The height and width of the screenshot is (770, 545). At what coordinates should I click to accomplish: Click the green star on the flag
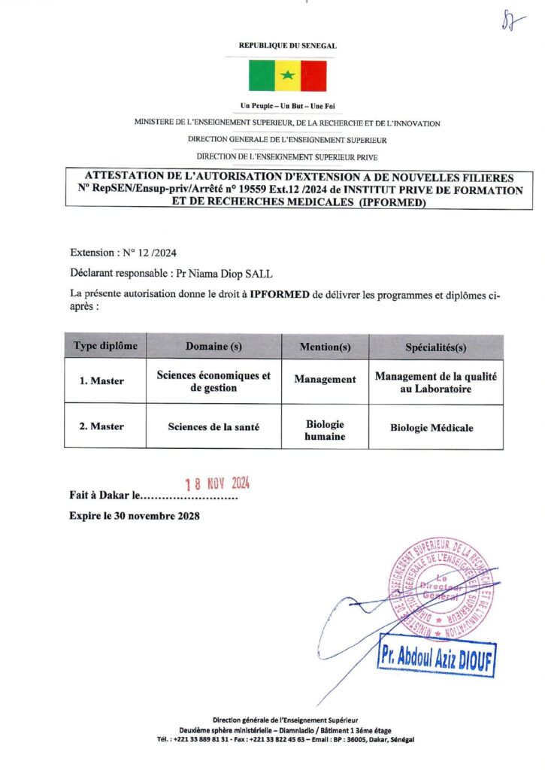tap(287, 76)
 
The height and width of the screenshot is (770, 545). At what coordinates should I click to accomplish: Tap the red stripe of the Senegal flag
tap(313, 76)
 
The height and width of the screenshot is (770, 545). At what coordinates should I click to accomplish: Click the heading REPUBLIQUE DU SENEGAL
tap(287, 46)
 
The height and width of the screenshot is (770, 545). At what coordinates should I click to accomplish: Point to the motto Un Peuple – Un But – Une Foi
tap(287, 108)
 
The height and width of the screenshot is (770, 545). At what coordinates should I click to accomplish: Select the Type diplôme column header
tap(106, 346)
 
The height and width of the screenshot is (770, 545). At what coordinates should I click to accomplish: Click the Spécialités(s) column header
tap(436, 347)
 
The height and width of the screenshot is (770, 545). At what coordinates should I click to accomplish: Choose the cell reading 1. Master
tap(102, 380)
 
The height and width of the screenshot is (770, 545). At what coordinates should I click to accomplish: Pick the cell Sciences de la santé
tap(213, 426)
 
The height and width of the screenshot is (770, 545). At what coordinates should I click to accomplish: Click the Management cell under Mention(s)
tap(325, 380)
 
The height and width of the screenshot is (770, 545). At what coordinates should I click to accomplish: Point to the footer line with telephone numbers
tap(286, 739)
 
